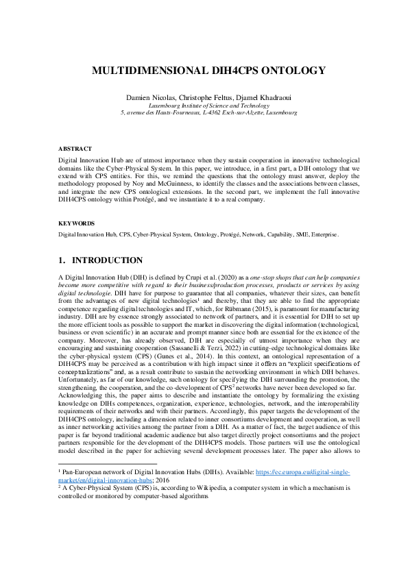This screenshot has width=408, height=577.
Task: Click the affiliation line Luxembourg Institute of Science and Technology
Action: [204, 106]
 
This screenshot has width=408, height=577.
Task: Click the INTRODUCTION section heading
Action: [107, 260]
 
